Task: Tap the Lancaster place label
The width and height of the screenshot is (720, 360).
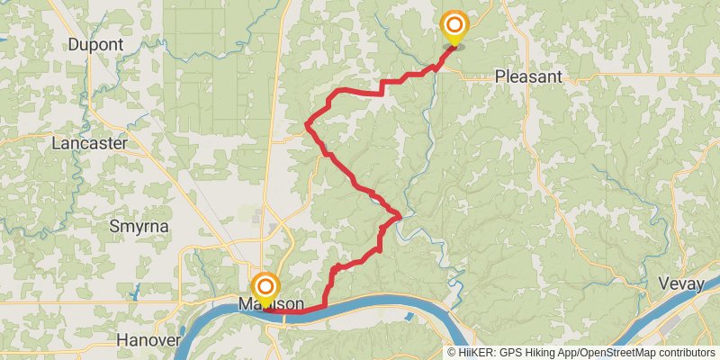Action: pos(93,143)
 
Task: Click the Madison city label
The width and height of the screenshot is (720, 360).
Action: pos(271,304)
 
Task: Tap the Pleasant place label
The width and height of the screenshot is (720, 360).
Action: pos(528,77)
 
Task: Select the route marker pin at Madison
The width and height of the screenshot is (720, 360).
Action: pos(265,286)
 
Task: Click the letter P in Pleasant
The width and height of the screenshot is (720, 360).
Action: pos(500,77)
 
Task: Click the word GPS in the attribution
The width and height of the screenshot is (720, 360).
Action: pos(509,353)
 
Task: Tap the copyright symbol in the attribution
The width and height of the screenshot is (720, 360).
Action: pos(453,353)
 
